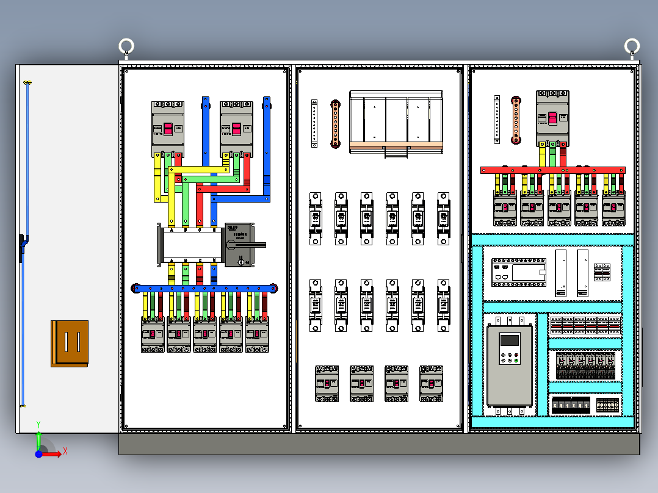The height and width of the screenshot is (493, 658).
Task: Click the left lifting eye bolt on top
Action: point(126,46)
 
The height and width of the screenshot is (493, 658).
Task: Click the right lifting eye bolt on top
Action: point(632,46)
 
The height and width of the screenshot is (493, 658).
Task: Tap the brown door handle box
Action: point(70,344)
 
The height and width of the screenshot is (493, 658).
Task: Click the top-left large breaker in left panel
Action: point(168,129)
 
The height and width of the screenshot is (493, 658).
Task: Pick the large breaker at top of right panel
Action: point(552,118)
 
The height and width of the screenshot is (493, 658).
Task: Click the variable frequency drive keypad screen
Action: point(509,340)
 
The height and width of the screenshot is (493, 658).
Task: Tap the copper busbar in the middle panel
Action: point(335,124)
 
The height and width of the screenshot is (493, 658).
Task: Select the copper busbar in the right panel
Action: point(516,120)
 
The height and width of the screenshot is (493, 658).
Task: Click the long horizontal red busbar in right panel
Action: point(552,170)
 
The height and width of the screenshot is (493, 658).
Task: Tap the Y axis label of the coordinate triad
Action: point(38,423)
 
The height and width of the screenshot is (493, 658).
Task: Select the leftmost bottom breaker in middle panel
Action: point(327,383)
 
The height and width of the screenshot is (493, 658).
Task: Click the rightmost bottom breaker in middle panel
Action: point(432,383)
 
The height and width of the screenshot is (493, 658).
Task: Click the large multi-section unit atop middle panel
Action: point(396,122)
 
